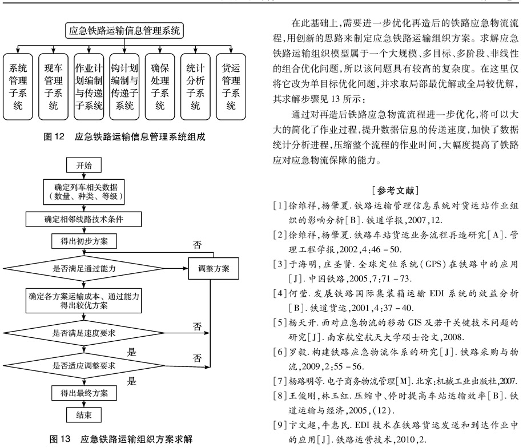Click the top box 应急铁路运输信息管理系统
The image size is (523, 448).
coord(124,31)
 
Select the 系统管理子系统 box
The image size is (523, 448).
coord(18,87)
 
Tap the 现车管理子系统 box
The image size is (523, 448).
coord(53,87)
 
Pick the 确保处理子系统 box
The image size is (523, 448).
coord(160,87)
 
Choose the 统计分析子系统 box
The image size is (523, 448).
coord(195,87)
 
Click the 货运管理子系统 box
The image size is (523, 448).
coord(231,87)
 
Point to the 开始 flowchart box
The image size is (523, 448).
coord(84,166)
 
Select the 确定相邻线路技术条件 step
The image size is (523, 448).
coord(84,219)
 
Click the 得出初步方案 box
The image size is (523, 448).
coord(84,241)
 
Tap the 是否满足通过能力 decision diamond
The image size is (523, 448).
coord(84,269)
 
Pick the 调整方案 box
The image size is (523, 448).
coord(214,269)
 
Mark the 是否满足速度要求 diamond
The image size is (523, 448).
coord(84,333)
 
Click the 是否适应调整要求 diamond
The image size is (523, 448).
coord(84,366)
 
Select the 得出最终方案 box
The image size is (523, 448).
coord(84,393)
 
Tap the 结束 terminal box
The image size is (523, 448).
coord(84,415)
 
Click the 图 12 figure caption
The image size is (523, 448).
coord(124,136)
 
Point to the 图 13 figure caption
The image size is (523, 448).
coord(120,439)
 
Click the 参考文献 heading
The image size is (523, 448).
coord(396,191)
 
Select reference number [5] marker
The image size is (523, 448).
coord(280,322)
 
